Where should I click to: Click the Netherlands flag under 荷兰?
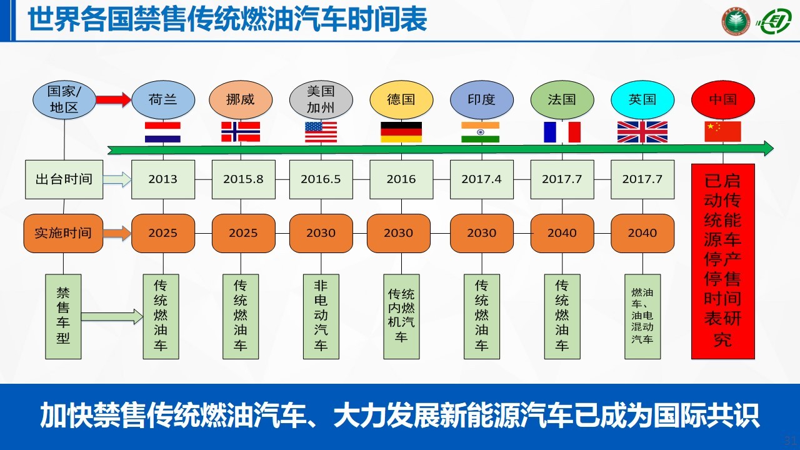[x=162, y=132]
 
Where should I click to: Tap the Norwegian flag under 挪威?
[x=241, y=132]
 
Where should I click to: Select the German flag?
[x=401, y=132]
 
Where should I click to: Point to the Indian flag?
[x=481, y=132]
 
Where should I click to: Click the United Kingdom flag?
[x=642, y=132]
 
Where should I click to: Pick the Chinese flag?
[x=722, y=131]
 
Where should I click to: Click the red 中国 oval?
[x=723, y=99]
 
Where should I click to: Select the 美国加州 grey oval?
[x=321, y=99]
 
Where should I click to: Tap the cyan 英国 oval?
[x=642, y=99]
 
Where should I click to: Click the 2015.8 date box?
[x=244, y=179]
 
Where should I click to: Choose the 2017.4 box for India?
[x=482, y=179]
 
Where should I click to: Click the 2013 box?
[x=163, y=179]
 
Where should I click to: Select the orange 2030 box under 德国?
[x=399, y=233]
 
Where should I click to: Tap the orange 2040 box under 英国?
[x=642, y=233]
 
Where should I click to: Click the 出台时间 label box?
[x=64, y=179]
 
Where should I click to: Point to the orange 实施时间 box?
[x=63, y=233]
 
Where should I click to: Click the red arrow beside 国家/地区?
[x=114, y=99]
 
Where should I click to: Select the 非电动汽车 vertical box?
[x=321, y=316]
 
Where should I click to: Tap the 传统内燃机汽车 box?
[x=401, y=316]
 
